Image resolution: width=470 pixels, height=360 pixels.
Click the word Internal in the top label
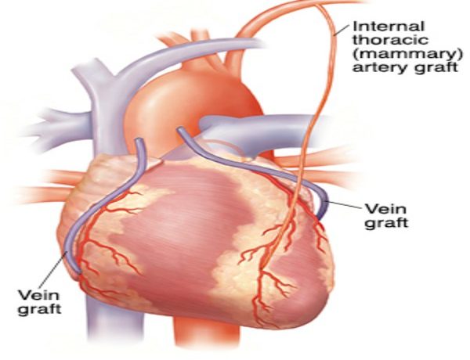389,27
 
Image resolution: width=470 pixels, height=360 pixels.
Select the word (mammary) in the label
407,54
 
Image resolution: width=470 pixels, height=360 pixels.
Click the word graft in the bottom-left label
40,308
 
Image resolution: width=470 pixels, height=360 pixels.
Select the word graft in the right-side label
386,223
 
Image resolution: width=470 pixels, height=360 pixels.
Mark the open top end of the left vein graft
139,140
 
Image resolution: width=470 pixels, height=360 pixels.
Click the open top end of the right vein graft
181,129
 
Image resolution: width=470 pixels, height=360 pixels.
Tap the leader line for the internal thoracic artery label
341,31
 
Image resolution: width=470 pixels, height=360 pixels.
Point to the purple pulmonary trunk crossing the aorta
255,131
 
